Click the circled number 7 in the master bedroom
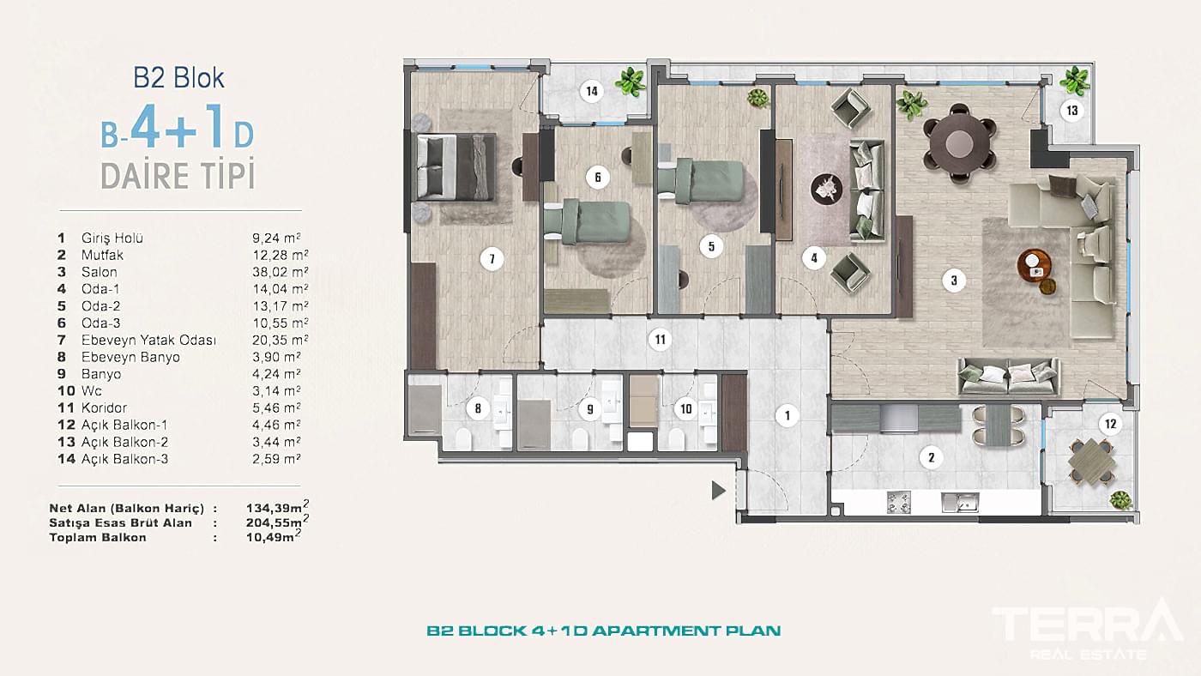tap(491, 258)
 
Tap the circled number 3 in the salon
tap(953, 279)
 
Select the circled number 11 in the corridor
tap(659, 339)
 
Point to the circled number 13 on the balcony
tap(1071, 111)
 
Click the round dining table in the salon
tap(960, 136)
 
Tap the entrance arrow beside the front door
tap(718, 491)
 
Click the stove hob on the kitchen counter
tap(898, 500)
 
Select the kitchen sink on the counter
tap(959, 501)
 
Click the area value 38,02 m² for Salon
tap(272, 272)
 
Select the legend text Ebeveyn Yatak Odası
tap(148, 340)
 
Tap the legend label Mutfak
tap(102, 255)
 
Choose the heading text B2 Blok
tap(178, 78)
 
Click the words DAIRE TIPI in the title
tap(178, 176)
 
